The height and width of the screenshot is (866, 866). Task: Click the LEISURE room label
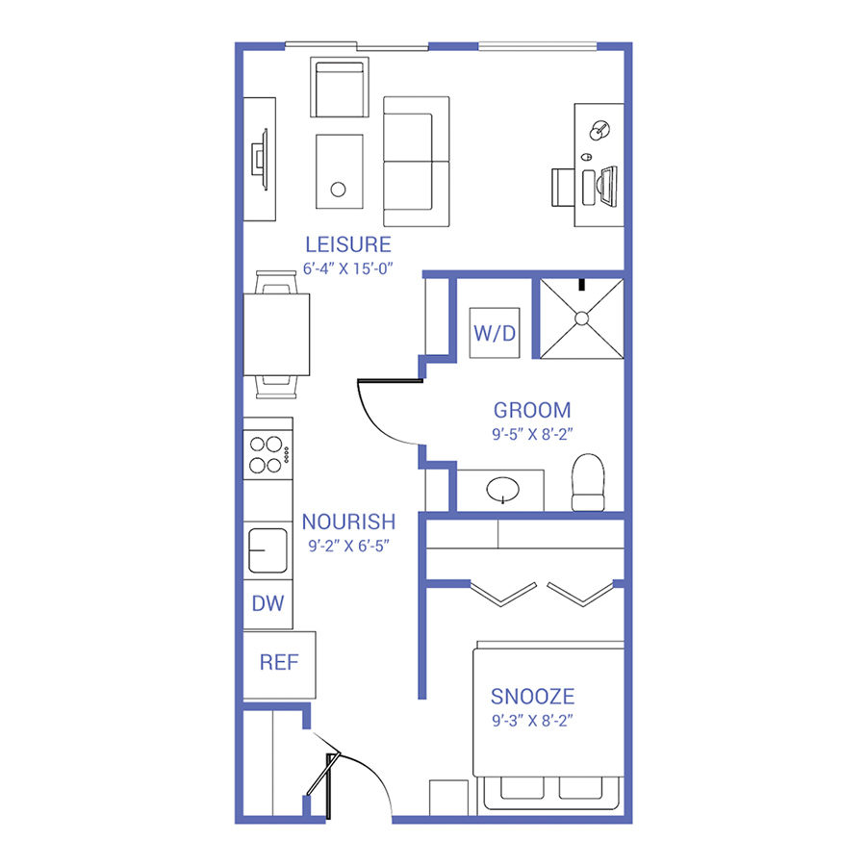(348, 244)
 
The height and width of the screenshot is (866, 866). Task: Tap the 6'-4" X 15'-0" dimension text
(348, 268)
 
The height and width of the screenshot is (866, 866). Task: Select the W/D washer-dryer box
(495, 333)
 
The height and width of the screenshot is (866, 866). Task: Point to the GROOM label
(532, 410)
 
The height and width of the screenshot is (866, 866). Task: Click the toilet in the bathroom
(588, 482)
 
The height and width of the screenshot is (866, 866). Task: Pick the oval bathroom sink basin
(502, 490)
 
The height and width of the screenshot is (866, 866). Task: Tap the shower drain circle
(581, 318)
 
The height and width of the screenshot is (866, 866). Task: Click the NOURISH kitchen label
(348, 522)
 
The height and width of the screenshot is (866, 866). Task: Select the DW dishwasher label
(267, 603)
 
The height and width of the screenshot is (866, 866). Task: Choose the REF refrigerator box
(279, 665)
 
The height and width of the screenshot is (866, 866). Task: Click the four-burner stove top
(267, 454)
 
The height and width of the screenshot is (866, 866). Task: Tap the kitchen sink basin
(267, 550)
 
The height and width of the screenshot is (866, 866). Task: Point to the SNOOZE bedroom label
(532, 697)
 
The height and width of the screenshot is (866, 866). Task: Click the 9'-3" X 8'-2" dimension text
(532, 721)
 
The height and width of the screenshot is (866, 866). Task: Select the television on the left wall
(260, 160)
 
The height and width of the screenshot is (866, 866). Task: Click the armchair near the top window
(339, 88)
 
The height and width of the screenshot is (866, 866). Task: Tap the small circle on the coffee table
(338, 190)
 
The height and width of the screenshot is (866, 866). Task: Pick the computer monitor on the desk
(608, 186)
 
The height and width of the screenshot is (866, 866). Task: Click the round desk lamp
(599, 130)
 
